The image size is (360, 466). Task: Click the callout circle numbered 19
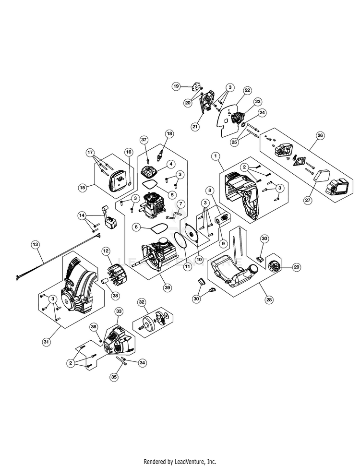coord(176,86)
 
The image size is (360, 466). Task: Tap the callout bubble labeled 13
coord(35,244)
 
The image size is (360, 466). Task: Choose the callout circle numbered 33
coord(119,311)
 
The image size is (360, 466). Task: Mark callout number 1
coord(216,155)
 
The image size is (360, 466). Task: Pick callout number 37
coord(143,139)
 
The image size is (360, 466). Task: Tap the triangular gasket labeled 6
coord(157,227)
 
